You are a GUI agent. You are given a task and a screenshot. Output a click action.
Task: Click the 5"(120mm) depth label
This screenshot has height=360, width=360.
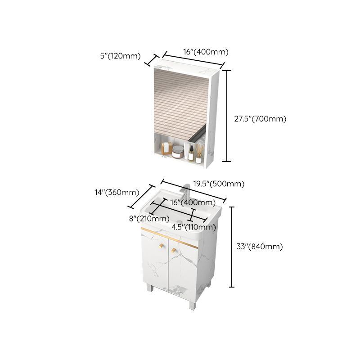120,56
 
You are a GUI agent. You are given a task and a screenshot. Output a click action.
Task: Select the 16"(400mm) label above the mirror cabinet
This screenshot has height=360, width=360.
205,52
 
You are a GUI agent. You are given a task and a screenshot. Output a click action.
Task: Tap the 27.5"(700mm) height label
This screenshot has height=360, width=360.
260,119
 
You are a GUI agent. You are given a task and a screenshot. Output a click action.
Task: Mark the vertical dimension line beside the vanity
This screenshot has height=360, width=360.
232,247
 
